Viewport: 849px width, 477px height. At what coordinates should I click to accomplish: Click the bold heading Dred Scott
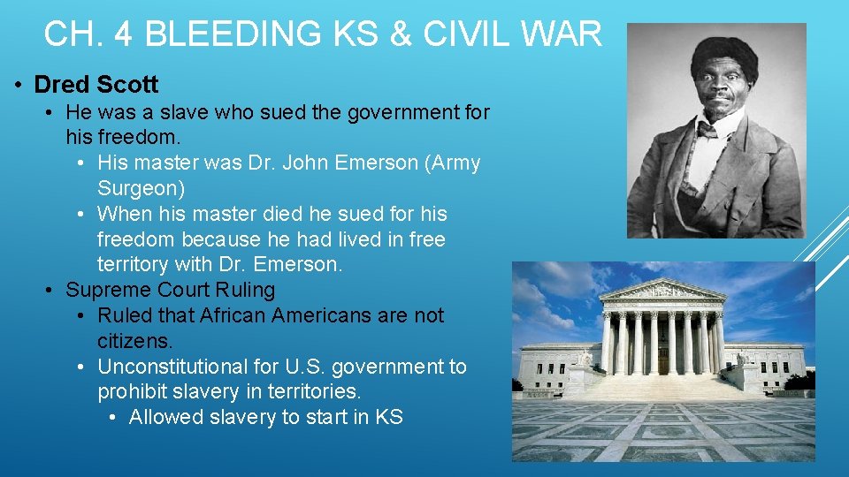[x=96, y=85]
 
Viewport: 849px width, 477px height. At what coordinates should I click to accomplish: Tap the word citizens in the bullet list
[x=135, y=341]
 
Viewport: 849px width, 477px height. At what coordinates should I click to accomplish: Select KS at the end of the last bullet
[x=389, y=417]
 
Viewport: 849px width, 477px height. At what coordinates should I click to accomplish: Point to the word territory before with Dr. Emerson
[x=134, y=264]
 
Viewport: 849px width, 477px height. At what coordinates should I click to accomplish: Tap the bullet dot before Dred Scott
[x=19, y=86]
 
